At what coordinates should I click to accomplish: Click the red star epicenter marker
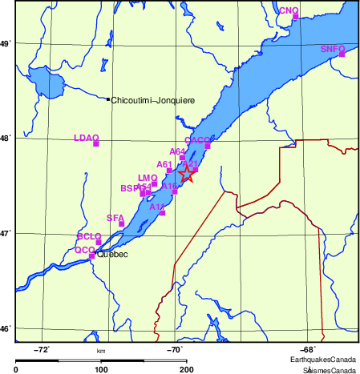coord(185,174)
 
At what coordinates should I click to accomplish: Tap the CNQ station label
coord(288,10)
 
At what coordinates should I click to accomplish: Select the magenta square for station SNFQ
coord(342,54)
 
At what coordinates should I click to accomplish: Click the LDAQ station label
coord(86,138)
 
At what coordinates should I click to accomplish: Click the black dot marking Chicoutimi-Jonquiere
coord(108,99)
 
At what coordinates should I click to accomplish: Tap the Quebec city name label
coord(112,255)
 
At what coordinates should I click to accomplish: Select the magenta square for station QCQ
coord(92,255)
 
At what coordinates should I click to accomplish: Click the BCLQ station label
coord(89,236)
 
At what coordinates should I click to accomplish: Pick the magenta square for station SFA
coord(122,223)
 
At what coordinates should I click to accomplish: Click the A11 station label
coord(157,206)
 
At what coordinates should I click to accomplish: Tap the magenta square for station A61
coord(169,171)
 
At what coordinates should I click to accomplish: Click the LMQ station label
coord(148,178)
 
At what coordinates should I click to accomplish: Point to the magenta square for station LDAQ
coord(96,143)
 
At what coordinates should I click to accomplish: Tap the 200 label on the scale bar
coord(186,369)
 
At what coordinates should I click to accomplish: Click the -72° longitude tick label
coord(42,350)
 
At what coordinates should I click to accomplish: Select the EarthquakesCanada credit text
coord(324,361)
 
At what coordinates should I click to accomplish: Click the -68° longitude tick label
coord(307,350)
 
